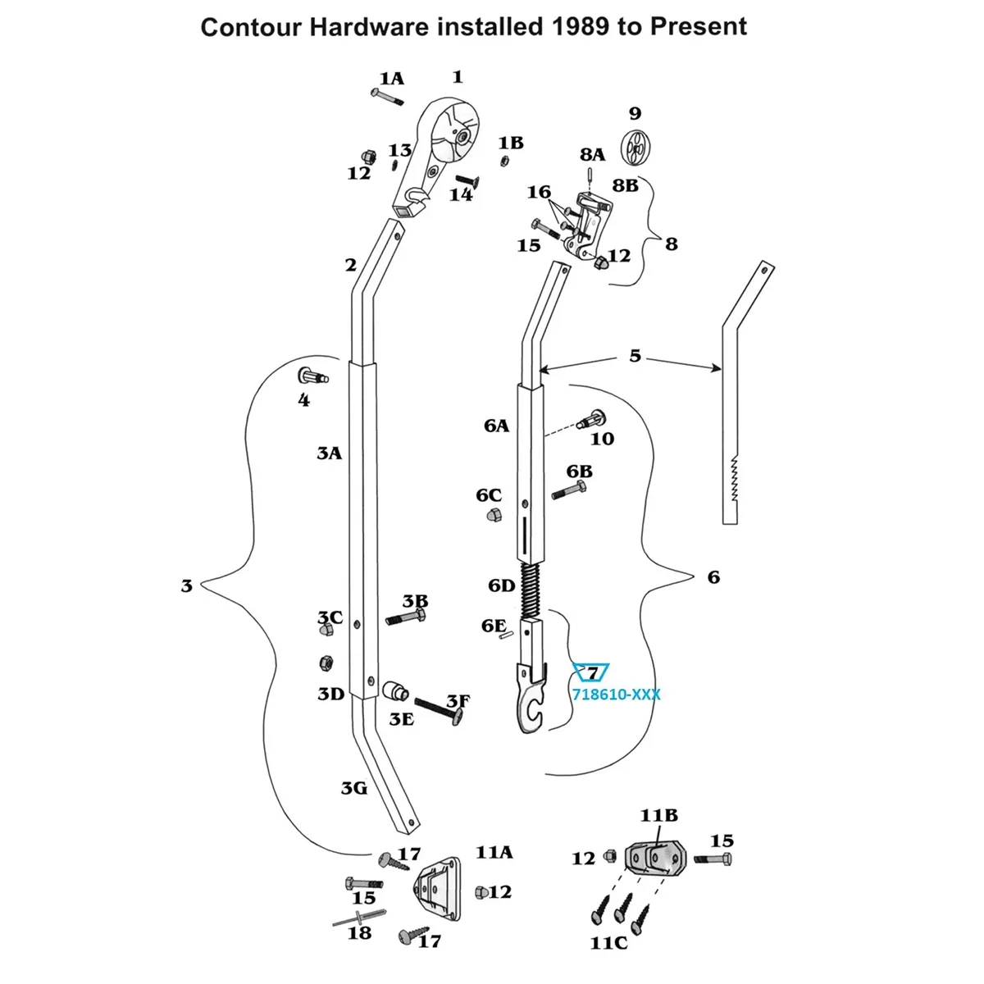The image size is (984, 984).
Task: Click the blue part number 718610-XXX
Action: pos(616,695)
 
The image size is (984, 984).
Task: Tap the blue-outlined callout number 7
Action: pos(592,673)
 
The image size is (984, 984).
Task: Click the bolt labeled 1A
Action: pos(387,97)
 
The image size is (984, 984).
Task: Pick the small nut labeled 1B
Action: pos(503,162)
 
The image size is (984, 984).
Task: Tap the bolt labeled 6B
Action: pos(569,490)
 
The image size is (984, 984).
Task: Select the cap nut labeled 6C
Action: pos(494,514)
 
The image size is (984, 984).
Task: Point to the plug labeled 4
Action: pos(312,377)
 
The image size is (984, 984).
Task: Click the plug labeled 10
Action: pos(592,419)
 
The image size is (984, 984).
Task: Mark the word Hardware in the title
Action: pos(369,26)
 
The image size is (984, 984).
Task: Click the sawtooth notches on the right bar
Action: pos(734,478)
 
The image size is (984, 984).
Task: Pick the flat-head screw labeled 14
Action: pos(467,181)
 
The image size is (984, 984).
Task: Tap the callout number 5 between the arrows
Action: pos(635,355)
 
